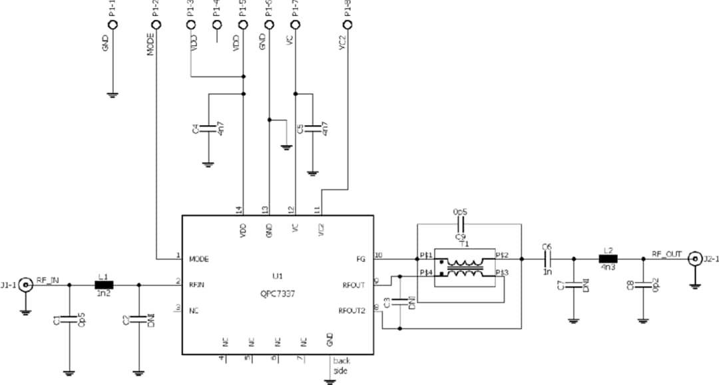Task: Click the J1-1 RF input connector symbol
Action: [x=26, y=285]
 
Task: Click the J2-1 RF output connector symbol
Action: [x=694, y=258]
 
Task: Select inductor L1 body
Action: [x=104, y=285]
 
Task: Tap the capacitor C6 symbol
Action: [x=547, y=259]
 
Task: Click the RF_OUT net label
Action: [x=666, y=253]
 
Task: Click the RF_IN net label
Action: [x=49, y=280]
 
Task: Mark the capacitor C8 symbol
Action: [x=643, y=285]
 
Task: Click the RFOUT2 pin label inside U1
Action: [x=352, y=311]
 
